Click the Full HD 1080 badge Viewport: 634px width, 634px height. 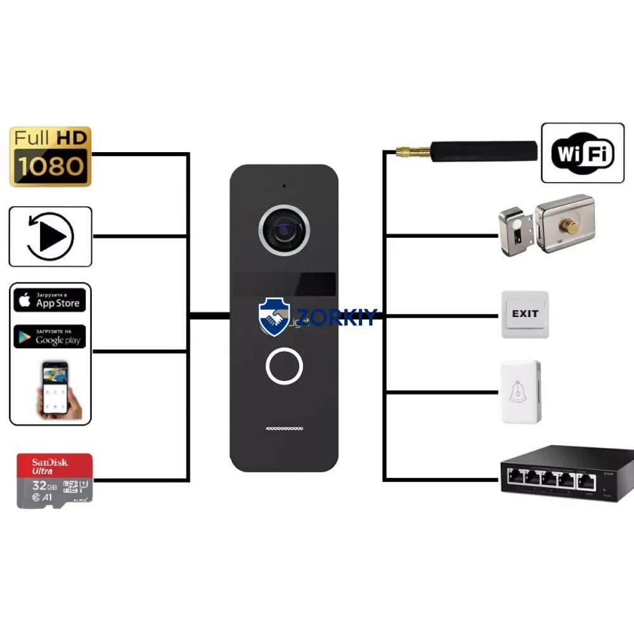(x=51, y=157)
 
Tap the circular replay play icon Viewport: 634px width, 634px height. (x=51, y=236)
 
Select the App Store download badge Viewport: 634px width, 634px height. (x=49, y=300)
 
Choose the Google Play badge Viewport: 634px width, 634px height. (x=49, y=336)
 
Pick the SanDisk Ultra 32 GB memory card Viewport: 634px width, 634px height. (x=55, y=480)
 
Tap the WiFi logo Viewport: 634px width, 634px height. (x=583, y=153)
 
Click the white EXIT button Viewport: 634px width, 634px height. (x=525, y=314)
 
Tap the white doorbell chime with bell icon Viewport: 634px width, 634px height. (x=521, y=392)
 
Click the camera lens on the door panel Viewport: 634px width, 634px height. (x=283, y=228)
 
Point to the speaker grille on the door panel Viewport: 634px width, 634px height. (x=283, y=429)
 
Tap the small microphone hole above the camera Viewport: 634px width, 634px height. (x=283, y=186)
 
